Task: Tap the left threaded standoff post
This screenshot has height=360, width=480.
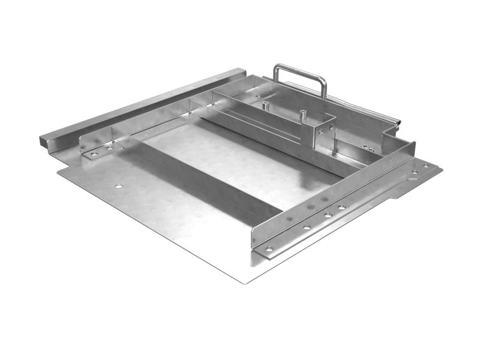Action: (265, 106)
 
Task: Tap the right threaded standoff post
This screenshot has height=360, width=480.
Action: (303, 113)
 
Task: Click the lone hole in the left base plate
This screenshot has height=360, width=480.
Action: (119, 186)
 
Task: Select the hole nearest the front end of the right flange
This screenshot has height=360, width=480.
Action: (269, 248)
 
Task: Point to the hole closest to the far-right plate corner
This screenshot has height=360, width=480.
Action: (426, 166)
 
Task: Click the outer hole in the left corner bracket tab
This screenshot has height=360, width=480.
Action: (95, 154)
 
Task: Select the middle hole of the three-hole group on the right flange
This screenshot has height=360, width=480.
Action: (328, 214)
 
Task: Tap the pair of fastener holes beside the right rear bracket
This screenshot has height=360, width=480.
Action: (365, 147)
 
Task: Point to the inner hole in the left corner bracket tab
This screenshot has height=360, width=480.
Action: (110, 147)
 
